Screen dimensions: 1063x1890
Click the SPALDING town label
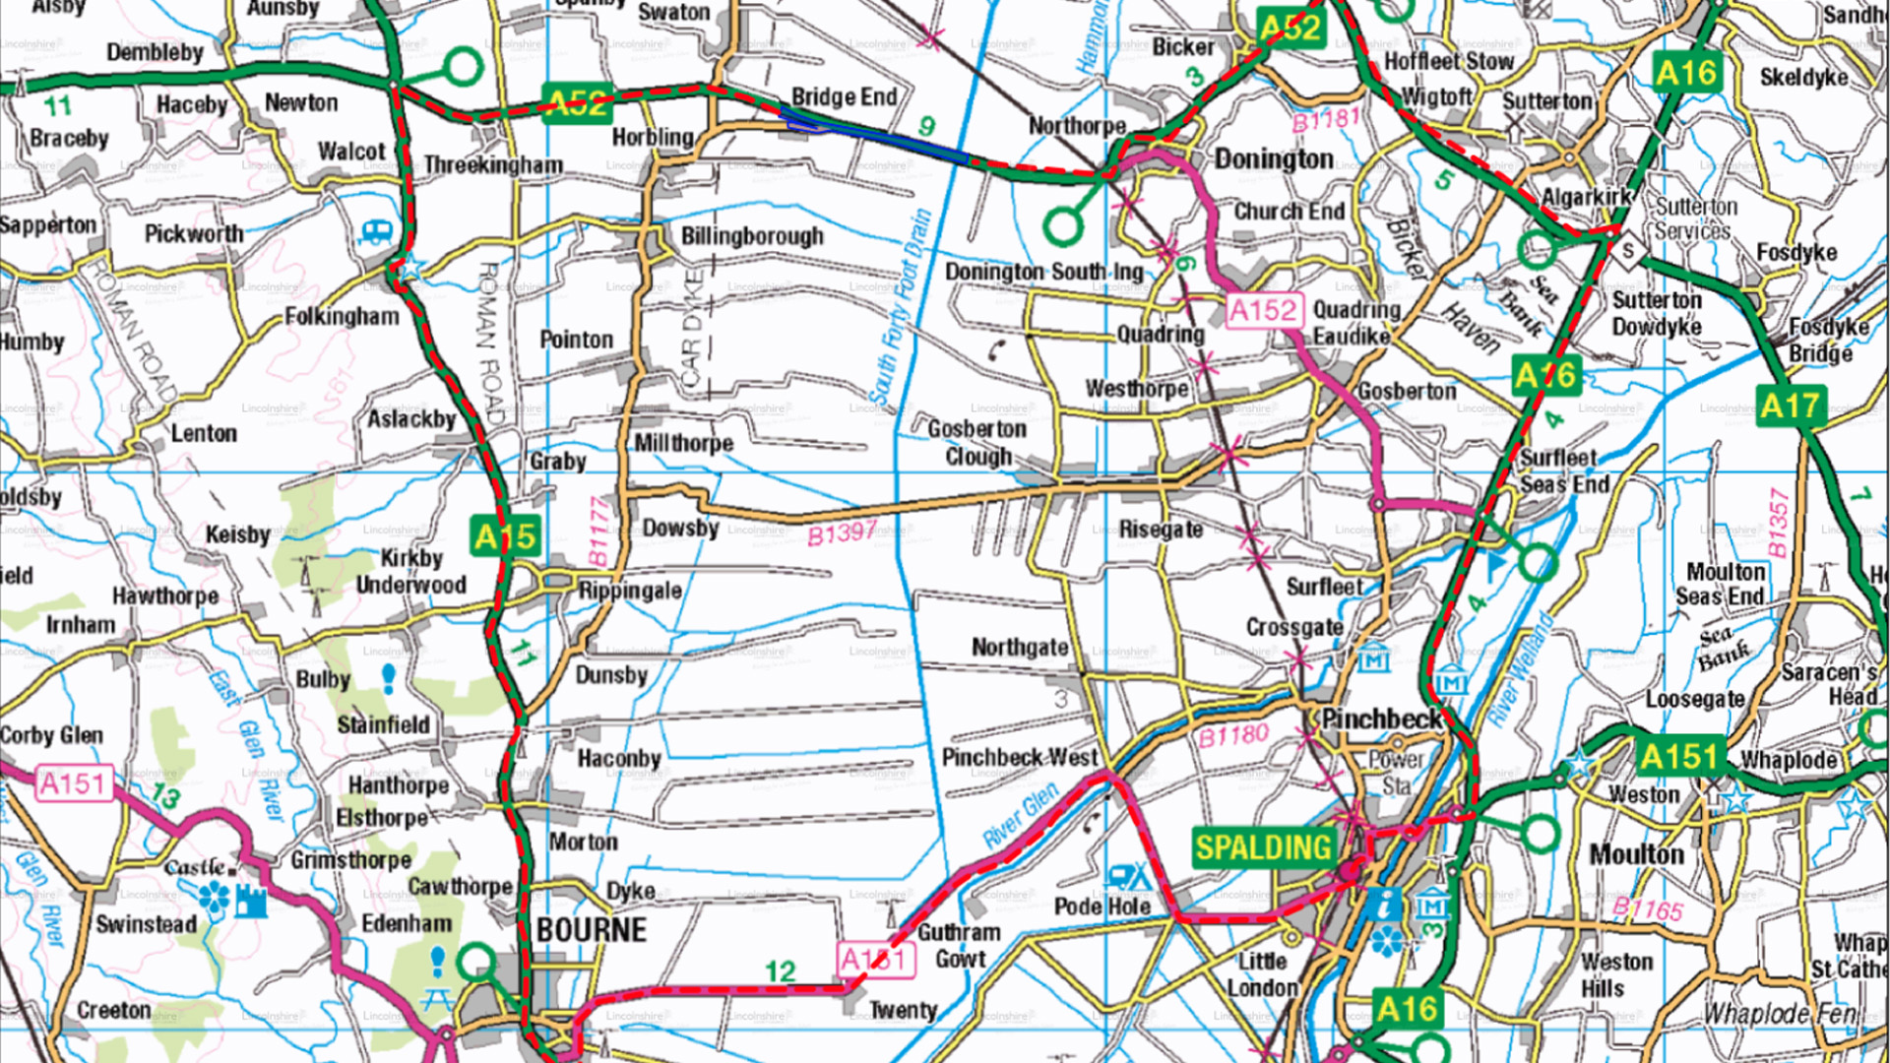tap(1263, 847)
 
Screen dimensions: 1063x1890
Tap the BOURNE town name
tap(592, 930)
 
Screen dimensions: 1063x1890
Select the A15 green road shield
tap(504, 536)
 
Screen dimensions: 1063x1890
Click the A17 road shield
tap(1791, 406)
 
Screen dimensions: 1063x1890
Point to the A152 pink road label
tap(1264, 311)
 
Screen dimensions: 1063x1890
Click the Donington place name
tap(1274, 159)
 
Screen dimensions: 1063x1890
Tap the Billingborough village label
tap(752, 236)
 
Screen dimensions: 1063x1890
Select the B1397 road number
tap(842, 533)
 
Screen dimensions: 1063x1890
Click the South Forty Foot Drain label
tap(900, 310)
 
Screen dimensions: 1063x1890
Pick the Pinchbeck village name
tap(1380, 719)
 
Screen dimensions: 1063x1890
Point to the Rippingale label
tap(630, 591)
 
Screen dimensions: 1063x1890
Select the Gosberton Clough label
tap(976, 443)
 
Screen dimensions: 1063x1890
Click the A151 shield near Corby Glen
tap(71, 784)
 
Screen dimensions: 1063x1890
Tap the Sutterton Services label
tap(1695, 219)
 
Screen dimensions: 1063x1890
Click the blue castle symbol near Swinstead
tap(251, 900)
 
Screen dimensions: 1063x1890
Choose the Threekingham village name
tap(493, 165)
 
